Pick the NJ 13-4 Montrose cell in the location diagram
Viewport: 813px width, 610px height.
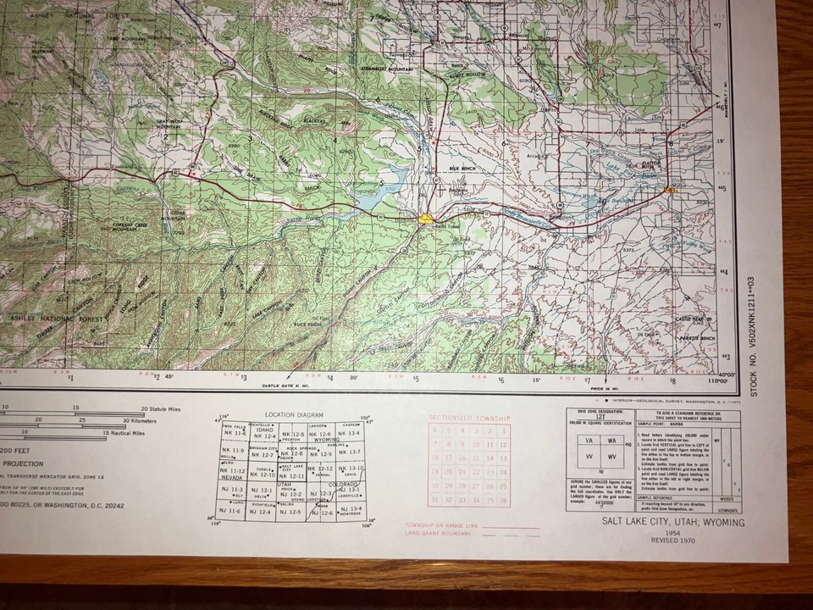tap(351, 509)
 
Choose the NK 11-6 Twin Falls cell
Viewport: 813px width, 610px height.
tap(235, 433)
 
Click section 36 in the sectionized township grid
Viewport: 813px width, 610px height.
tap(503, 500)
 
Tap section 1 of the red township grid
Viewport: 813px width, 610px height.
tap(503, 430)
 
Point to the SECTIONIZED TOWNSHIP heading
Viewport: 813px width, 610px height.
tap(469, 419)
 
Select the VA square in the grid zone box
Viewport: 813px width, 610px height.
tap(588, 441)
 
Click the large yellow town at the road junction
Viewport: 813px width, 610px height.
tap(427, 219)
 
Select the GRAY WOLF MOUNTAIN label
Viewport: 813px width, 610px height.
tap(170, 125)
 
